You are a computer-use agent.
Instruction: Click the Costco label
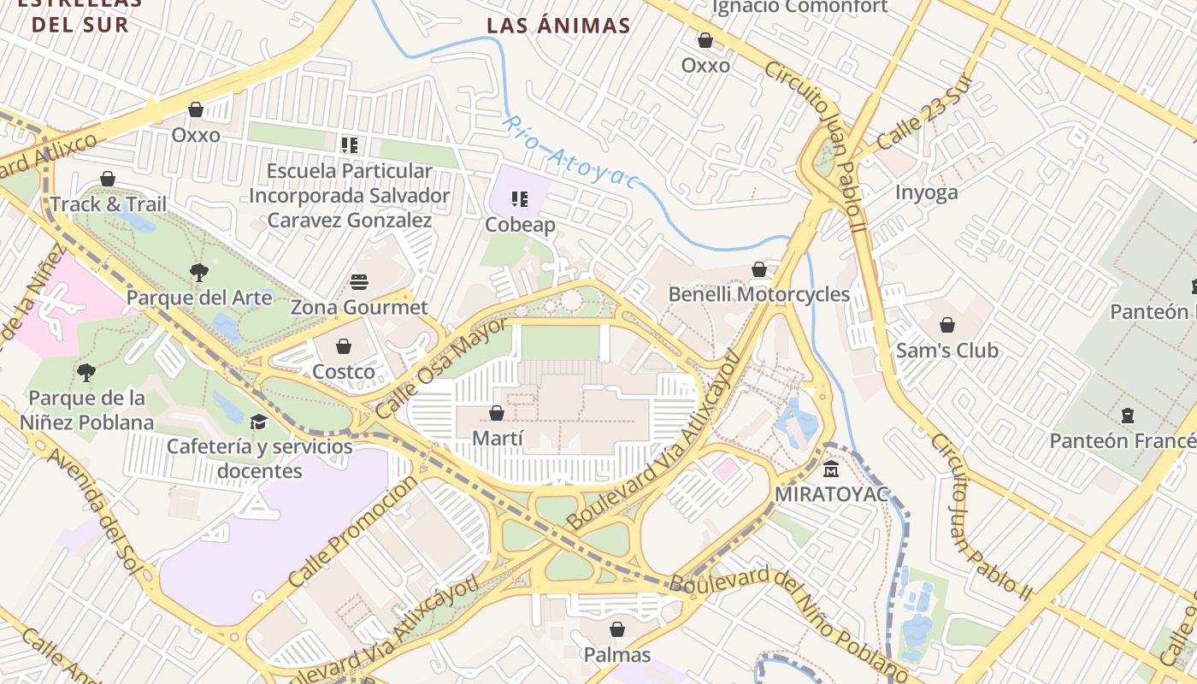[x=343, y=372]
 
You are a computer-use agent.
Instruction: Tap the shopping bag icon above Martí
[x=497, y=414]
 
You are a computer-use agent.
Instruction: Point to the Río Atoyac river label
[x=570, y=152]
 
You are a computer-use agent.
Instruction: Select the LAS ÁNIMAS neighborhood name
[x=558, y=26]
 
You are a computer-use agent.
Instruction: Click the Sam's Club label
[x=946, y=351]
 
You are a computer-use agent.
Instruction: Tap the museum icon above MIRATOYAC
[x=831, y=469]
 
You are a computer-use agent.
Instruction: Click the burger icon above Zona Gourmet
[x=359, y=282]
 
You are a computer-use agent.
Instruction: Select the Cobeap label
[x=520, y=225]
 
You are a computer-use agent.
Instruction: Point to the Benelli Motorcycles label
[x=758, y=295]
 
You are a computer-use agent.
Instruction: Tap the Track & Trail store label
[x=108, y=204]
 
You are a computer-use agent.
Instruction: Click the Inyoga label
[x=926, y=192]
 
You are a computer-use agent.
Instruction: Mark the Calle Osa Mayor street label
[x=440, y=368]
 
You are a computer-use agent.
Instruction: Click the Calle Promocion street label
[x=352, y=531]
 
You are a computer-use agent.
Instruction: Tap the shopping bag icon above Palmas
[x=617, y=630]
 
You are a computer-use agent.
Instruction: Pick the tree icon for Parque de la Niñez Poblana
[x=85, y=372]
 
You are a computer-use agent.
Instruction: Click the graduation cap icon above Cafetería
[x=258, y=422]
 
